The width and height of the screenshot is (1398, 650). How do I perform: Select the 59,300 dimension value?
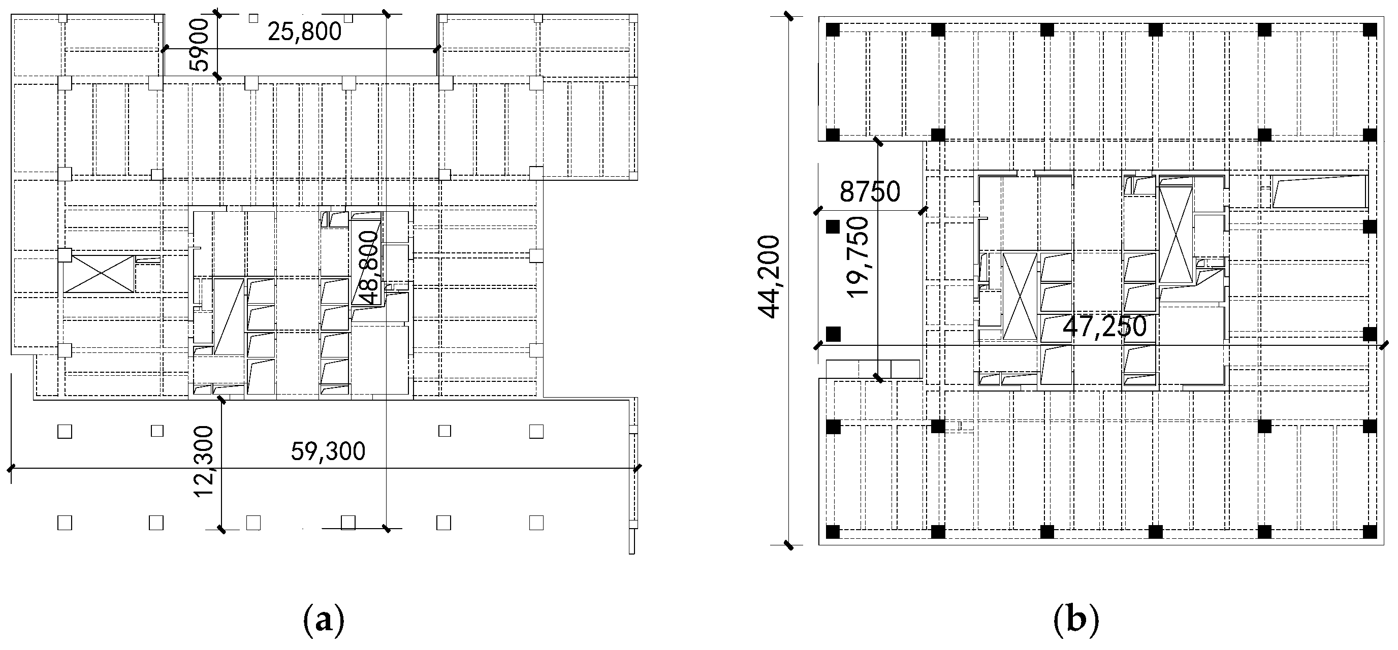coord(328,451)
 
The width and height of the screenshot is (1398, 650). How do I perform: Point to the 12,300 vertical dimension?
coord(205,461)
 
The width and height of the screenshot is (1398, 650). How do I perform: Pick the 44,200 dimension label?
coord(770,277)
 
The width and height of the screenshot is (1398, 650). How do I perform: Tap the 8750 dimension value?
coord(869,191)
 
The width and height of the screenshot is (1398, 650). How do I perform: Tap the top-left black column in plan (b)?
coord(833,30)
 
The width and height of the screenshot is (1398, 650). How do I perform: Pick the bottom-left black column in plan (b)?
coord(833,532)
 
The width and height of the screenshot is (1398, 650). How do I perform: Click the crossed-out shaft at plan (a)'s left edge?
coord(98,275)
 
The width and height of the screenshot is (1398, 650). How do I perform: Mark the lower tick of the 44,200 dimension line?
coord(788,545)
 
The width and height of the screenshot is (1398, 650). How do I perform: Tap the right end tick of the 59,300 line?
coord(637,467)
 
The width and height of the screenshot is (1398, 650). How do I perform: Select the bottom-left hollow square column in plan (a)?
coord(65,523)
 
